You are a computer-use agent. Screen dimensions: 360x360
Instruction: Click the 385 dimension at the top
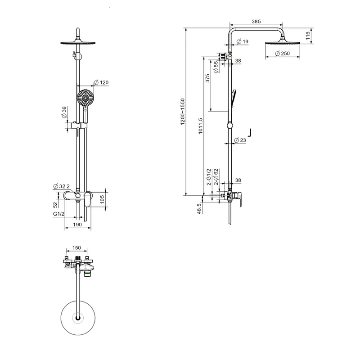point(256,21)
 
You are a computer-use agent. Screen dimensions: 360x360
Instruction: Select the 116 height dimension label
point(308,36)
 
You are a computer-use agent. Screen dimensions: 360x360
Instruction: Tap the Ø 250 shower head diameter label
point(283,54)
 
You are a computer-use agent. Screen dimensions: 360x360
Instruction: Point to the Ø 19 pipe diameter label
point(243,41)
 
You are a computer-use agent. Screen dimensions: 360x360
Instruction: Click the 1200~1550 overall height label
point(183,112)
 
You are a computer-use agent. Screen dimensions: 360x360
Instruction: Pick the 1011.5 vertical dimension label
point(200,126)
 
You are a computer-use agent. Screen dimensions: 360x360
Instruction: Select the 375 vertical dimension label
point(207,78)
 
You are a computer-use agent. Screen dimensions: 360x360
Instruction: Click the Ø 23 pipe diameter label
point(240,140)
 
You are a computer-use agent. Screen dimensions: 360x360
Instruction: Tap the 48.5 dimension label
point(199,208)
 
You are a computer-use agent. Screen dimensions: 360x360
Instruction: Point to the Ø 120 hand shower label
point(101,82)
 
